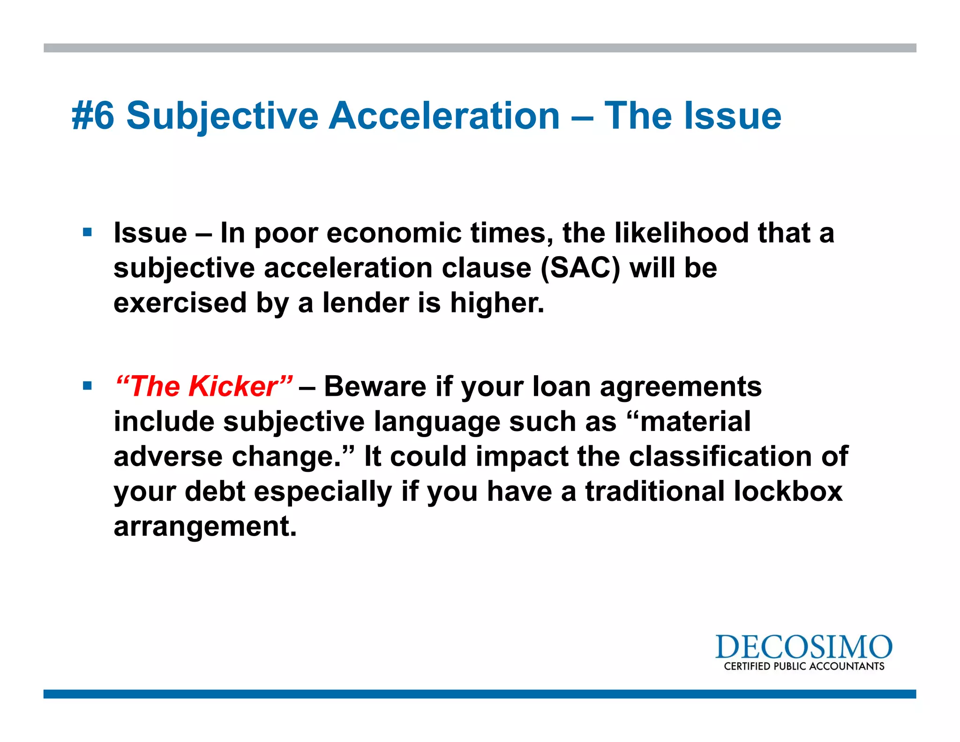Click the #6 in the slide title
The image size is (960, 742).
[x=93, y=116]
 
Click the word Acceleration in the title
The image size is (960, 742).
[x=444, y=116]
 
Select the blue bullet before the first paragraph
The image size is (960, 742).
[x=87, y=232]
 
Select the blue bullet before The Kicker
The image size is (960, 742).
[x=87, y=386]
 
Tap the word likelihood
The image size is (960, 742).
[x=681, y=233]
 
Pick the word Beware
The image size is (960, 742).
[x=375, y=387]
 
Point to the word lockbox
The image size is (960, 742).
[x=788, y=492]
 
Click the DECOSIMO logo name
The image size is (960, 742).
[x=803, y=647]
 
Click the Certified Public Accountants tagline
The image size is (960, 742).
[x=803, y=666]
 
